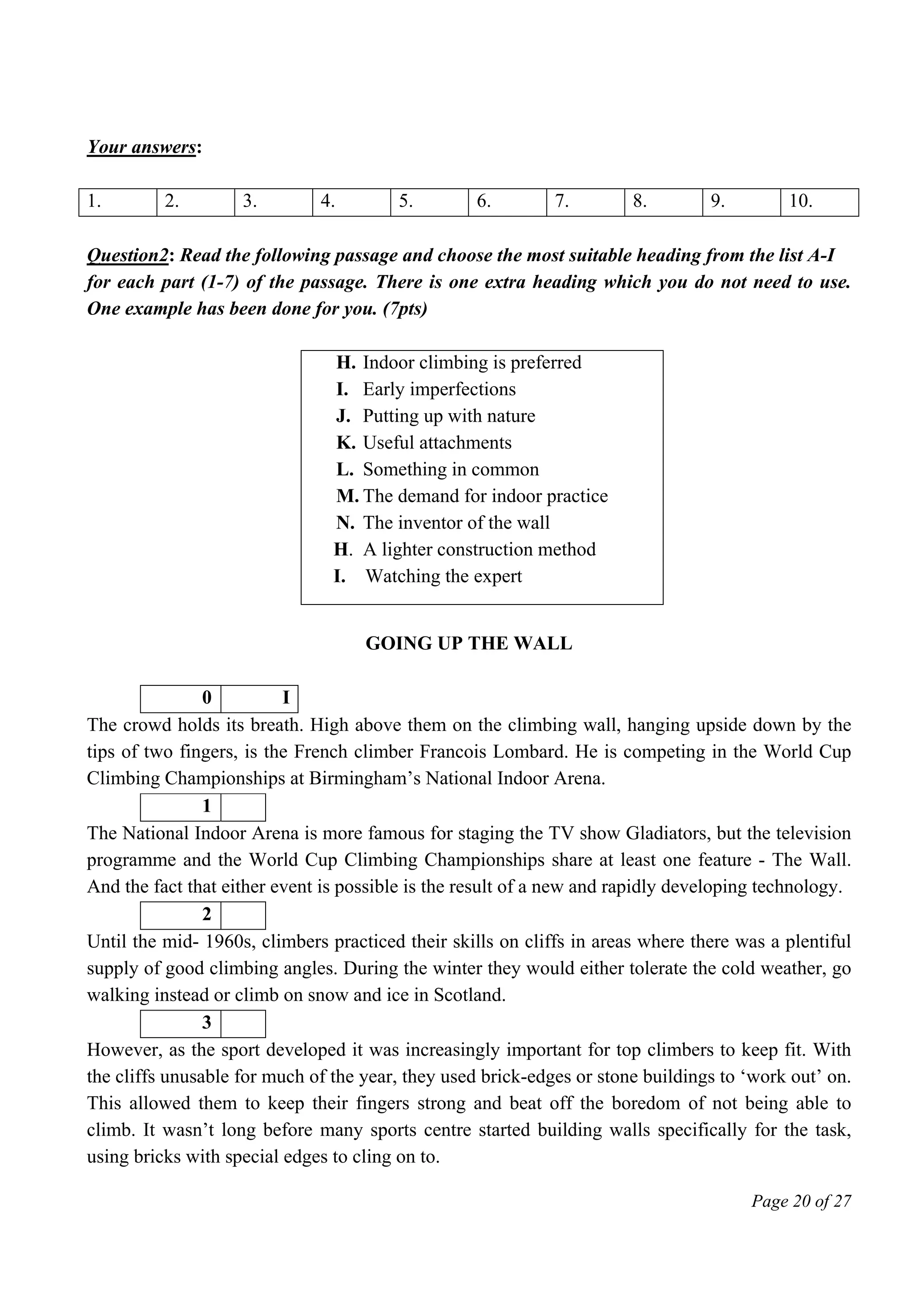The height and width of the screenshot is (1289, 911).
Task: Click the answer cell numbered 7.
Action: point(585,202)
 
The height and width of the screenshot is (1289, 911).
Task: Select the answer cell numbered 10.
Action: point(819,202)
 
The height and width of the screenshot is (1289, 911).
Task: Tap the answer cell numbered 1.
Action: point(117,202)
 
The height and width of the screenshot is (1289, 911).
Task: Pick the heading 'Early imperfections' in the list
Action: point(439,389)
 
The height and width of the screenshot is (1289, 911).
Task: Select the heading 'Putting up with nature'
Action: point(448,416)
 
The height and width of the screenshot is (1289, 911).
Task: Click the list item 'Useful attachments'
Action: point(437,443)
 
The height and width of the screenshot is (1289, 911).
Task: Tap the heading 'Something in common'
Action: point(451,469)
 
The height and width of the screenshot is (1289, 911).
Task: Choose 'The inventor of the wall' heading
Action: point(456,523)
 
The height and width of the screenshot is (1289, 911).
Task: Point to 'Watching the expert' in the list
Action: point(443,576)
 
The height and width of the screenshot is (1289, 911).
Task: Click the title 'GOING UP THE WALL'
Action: point(469,643)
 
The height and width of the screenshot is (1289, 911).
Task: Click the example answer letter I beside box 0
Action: point(285,698)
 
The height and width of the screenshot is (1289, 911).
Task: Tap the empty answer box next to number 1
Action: point(243,807)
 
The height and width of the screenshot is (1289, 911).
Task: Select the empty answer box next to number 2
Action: point(243,915)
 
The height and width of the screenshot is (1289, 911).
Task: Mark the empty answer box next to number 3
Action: point(243,1023)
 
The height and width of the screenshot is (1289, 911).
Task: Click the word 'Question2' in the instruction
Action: point(127,255)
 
